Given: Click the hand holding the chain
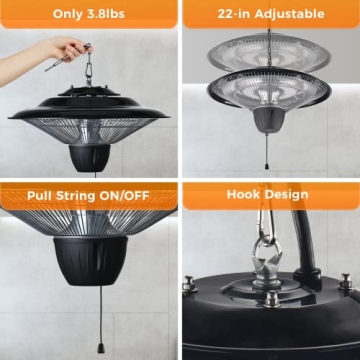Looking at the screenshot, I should pyautogui.click(x=55, y=48).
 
